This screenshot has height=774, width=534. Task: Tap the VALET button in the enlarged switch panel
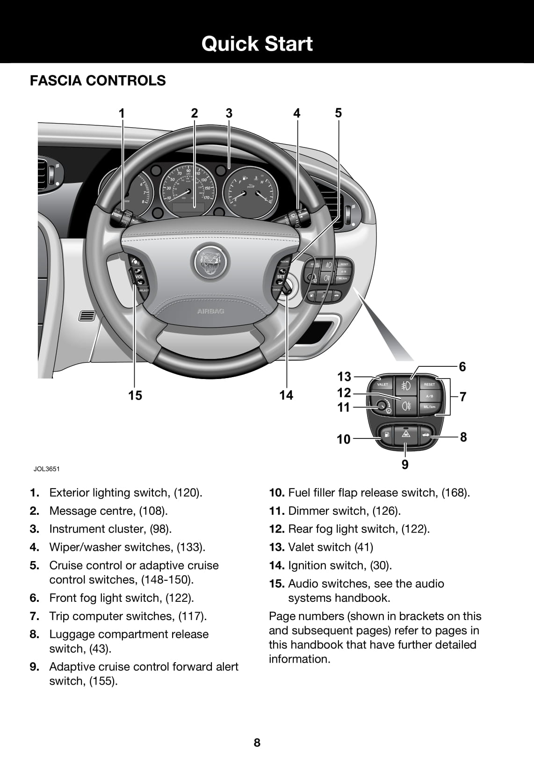(x=382, y=385)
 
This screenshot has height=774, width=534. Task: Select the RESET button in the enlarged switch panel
(x=429, y=385)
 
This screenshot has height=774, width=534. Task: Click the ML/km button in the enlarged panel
(x=429, y=407)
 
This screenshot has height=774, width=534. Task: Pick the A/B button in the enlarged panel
(x=429, y=396)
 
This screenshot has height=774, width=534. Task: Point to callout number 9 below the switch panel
(x=405, y=464)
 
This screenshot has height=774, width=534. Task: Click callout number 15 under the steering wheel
(x=135, y=395)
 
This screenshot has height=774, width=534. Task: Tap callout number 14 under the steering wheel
(x=286, y=395)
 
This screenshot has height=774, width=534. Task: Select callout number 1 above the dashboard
(x=122, y=113)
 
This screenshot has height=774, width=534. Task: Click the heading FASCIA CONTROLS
(x=98, y=80)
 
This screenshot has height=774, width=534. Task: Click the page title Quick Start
(x=257, y=44)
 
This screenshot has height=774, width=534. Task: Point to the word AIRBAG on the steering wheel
(x=210, y=311)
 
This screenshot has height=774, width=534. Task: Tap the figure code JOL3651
(x=46, y=468)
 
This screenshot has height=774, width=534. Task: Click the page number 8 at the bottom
(x=257, y=742)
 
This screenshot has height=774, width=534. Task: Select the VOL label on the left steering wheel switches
(x=139, y=277)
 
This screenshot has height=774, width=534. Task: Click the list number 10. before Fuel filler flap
(x=276, y=493)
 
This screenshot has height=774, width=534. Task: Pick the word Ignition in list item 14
(x=309, y=565)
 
